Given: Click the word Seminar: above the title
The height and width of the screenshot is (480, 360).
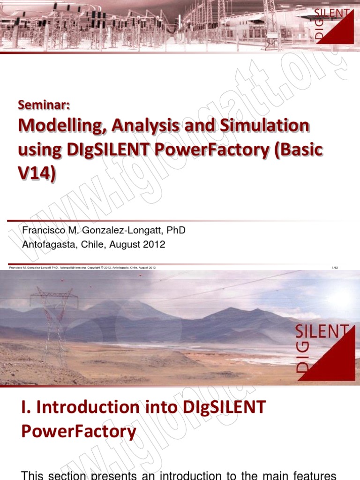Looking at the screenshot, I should (44, 105).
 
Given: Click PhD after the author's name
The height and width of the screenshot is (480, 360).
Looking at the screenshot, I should (175, 231).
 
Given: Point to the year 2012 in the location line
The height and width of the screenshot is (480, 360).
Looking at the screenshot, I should (155, 245).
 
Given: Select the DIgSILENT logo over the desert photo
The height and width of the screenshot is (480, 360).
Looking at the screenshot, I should (323, 347).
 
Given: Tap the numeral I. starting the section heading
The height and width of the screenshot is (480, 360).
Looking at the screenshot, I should (26, 406).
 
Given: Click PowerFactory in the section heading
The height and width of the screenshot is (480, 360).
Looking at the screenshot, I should (79, 430).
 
